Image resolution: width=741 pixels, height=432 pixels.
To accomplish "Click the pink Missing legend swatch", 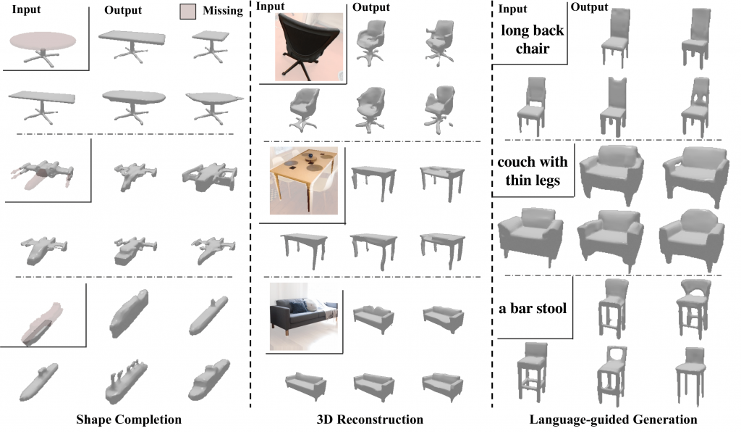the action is [x=187, y=12].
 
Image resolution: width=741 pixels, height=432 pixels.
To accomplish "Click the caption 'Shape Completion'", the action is [x=129, y=420].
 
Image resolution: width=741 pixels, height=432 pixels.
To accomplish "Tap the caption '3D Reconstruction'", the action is [x=370, y=420].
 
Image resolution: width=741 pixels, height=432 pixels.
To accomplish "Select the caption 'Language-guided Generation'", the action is [x=613, y=420].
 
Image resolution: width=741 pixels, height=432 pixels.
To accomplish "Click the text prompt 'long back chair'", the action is [x=532, y=39].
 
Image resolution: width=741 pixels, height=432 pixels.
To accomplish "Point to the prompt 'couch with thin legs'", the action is [x=533, y=171].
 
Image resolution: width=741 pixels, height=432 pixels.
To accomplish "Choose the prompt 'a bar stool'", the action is [x=533, y=309].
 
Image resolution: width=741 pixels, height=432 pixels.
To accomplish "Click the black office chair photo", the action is [x=309, y=47].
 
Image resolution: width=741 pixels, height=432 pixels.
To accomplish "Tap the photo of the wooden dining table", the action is [x=304, y=180].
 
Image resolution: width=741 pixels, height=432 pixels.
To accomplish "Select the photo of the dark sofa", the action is [x=304, y=317].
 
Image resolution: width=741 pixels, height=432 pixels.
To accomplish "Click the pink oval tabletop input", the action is [x=43, y=41].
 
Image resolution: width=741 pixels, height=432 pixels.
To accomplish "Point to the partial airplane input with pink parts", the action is [x=43, y=173].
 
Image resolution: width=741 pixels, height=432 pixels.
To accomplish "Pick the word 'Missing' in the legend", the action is [x=223, y=11].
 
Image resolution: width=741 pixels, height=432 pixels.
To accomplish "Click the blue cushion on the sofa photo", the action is [x=297, y=307].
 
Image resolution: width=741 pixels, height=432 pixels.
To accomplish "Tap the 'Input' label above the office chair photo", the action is [x=271, y=7].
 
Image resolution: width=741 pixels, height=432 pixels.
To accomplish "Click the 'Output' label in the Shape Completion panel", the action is [x=123, y=10].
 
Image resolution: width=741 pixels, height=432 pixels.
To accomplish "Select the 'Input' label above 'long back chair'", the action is [x=513, y=9].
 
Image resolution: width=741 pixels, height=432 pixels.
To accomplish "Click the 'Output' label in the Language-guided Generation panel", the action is [x=589, y=7].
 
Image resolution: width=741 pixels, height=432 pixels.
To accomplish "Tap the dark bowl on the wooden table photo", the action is [x=310, y=156].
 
